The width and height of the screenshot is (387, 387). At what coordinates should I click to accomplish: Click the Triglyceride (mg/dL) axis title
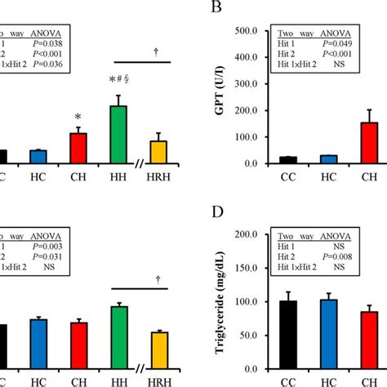[218, 302]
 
